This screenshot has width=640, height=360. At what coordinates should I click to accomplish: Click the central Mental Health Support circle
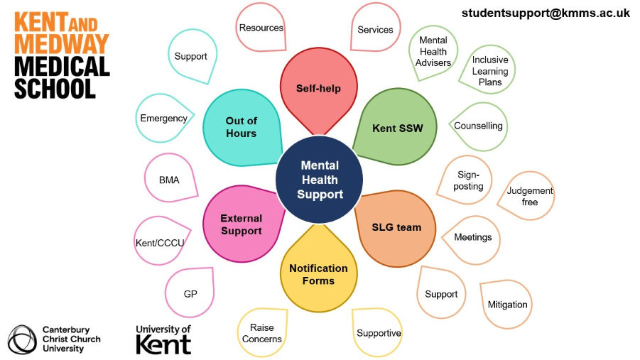319,180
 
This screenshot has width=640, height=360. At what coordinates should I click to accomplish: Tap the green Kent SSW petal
397,128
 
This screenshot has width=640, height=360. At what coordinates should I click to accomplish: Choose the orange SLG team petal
396,227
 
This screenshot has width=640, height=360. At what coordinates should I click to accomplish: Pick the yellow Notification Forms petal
318,274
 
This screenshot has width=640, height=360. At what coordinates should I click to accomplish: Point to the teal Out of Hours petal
242,127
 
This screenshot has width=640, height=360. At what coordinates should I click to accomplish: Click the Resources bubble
261,28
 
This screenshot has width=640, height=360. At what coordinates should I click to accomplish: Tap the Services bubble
375,30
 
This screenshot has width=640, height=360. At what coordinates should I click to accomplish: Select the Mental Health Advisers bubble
433,52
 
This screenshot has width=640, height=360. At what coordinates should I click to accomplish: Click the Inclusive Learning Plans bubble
489,71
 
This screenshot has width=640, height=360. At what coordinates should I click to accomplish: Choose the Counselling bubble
478,126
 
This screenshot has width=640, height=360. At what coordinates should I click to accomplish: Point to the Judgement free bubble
529,196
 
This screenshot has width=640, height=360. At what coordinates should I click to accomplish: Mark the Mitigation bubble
507,305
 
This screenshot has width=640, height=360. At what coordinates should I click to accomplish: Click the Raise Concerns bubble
261,333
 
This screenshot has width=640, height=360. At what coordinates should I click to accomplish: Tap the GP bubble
190,294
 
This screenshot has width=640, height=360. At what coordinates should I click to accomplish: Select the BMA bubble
169,180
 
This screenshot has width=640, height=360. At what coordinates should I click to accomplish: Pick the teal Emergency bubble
163,118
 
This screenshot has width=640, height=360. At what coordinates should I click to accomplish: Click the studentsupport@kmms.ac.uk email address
546,13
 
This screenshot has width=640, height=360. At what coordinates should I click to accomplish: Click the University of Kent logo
163,339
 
